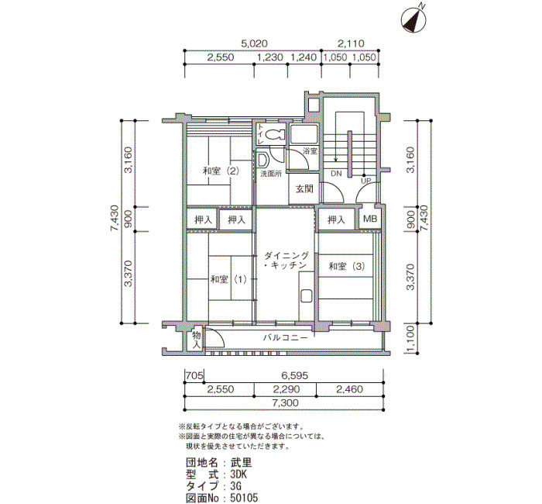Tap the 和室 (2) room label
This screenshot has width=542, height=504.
[221, 171]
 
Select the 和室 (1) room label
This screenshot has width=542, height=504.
[229, 279]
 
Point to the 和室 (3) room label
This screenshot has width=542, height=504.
[347, 266]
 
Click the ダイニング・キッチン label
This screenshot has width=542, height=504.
[286, 261]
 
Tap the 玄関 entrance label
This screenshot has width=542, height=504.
[304, 188]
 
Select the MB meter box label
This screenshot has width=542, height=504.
[370, 219]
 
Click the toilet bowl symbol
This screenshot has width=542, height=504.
[276, 134]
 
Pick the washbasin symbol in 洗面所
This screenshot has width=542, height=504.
[263, 160]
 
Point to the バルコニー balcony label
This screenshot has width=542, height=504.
[286, 337]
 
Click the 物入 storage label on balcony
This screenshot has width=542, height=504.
[197, 340]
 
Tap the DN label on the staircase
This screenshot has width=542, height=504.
[336, 174]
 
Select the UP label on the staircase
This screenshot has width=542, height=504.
[365, 181]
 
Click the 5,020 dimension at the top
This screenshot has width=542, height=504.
[255, 43]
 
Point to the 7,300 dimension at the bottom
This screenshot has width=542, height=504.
[285, 402]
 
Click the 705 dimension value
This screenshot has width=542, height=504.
[194, 375]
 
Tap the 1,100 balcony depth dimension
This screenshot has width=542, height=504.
[410, 340]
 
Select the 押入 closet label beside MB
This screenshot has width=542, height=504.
[336, 219]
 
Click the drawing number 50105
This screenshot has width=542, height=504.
[244, 498]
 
